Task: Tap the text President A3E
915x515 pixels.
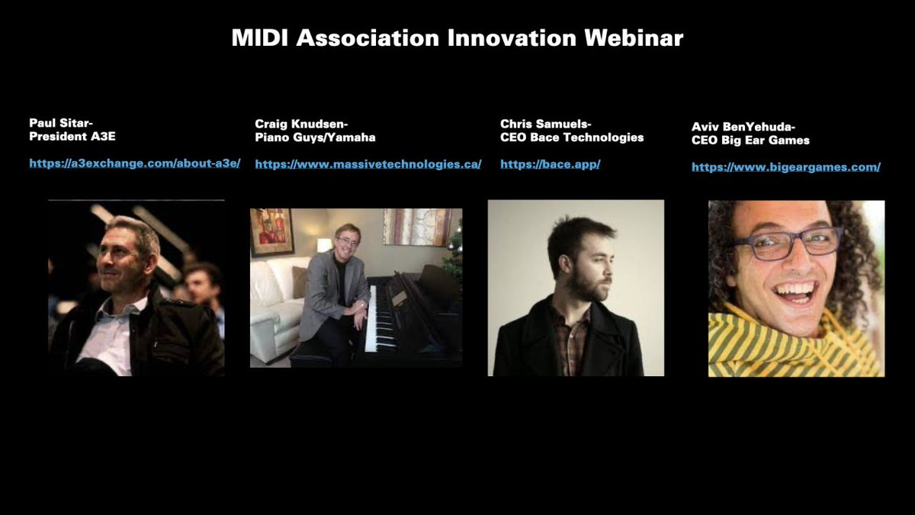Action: point(72,137)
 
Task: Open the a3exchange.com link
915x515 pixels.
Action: point(134,163)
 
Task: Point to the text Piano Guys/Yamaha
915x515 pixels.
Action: point(315,137)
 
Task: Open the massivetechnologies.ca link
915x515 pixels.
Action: point(368,164)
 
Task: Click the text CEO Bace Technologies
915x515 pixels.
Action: point(572,137)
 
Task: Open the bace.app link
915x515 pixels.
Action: point(550,164)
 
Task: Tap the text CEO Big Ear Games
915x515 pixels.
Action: point(750,140)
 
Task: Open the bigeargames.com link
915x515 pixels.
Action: point(785,167)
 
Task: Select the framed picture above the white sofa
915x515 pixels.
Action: point(271,231)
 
